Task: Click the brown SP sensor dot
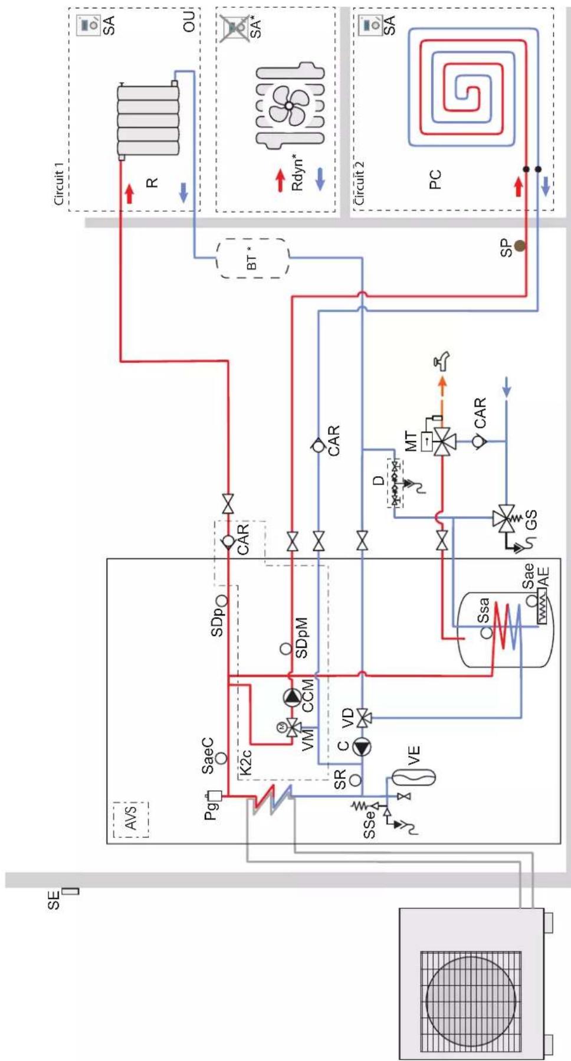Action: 520,245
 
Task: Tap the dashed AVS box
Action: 131,819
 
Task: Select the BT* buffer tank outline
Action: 253,258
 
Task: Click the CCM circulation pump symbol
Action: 293,697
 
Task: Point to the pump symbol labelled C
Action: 362,747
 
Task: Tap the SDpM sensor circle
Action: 285,649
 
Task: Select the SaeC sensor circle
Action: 221,758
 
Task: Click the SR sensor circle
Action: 355,780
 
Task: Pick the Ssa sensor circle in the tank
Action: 486,633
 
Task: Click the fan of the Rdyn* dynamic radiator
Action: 289,105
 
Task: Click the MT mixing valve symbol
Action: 442,440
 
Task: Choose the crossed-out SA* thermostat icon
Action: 235,28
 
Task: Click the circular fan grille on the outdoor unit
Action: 471,1001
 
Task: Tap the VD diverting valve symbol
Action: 363,718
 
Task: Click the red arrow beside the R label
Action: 129,194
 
